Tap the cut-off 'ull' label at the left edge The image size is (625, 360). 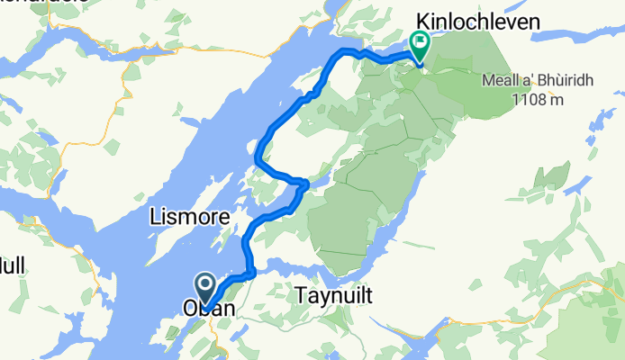coord(11,265)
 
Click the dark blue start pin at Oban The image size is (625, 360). coord(204,288)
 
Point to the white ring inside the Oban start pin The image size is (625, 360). coord(204,286)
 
